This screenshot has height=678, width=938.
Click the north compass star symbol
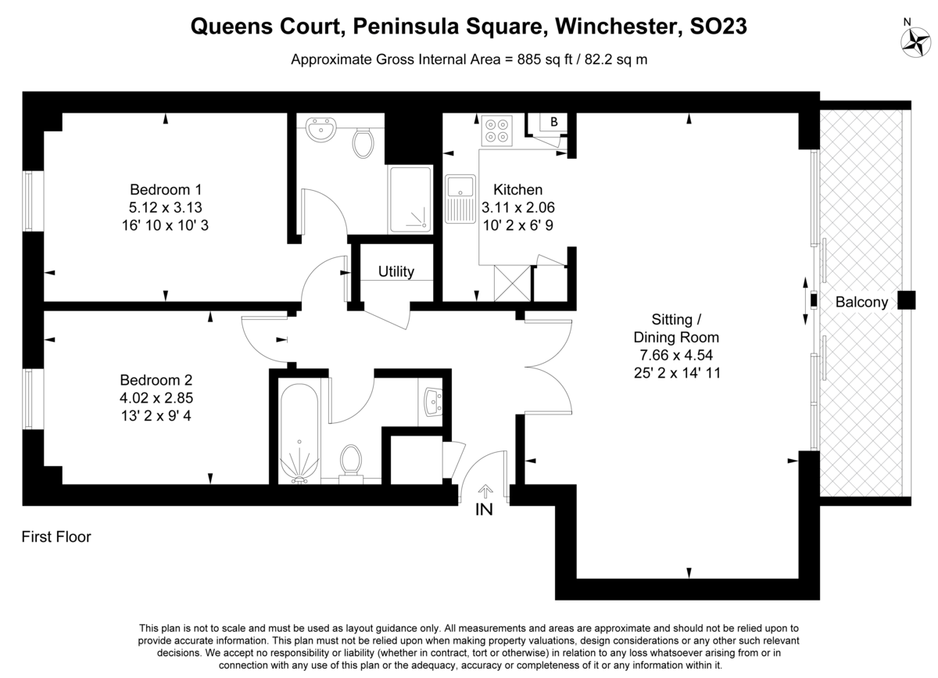(916, 42)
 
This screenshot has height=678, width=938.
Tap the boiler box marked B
(553, 122)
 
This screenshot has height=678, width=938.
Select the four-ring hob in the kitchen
(496, 131)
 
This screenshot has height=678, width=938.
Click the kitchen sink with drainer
(460, 199)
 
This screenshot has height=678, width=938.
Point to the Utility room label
(396, 271)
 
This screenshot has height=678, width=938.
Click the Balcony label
(861, 302)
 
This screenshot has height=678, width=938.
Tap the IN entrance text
(484, 510)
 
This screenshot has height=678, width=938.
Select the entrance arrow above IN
(485, 492)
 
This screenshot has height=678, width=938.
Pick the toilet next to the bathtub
(351, 465)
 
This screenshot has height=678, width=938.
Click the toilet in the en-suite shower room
(363, 143)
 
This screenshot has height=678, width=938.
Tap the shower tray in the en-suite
(410, 199)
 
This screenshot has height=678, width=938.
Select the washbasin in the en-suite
(320, 130)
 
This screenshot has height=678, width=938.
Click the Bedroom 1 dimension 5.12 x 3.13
(166, 207)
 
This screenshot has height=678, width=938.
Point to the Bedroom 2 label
(156, 380)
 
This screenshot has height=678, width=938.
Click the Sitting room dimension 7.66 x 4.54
(676, 355)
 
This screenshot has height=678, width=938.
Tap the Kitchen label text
(518, 190)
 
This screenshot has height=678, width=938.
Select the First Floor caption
(56, 536)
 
